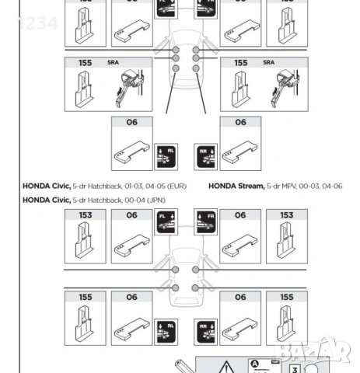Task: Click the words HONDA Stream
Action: point(236,186)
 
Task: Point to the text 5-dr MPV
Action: point(281,186)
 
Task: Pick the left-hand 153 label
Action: point(84,215)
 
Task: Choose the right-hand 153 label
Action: point(285,215)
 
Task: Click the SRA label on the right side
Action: point(268,62)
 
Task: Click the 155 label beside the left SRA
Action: point(85,62)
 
